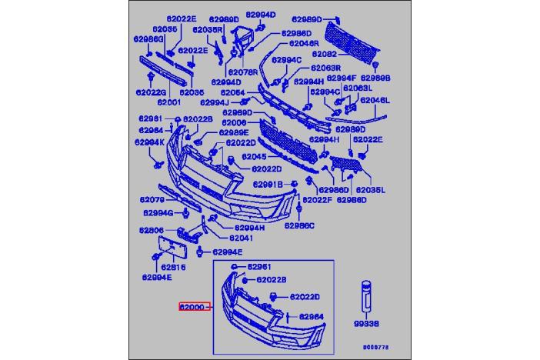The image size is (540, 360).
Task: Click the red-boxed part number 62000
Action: click(192, 307)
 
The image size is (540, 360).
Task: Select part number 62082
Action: click(324, 55)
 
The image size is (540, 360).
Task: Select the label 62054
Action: click(233, 92)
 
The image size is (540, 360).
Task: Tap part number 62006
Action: click(234, 123)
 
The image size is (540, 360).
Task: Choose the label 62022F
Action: click(316, 199)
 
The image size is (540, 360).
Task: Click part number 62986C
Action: click(300, 225)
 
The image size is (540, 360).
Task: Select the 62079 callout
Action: click(152, 200)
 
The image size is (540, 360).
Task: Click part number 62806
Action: click(152, 231)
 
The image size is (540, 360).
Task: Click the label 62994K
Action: click(149, 142)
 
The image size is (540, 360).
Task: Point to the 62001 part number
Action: click(168, 102)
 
